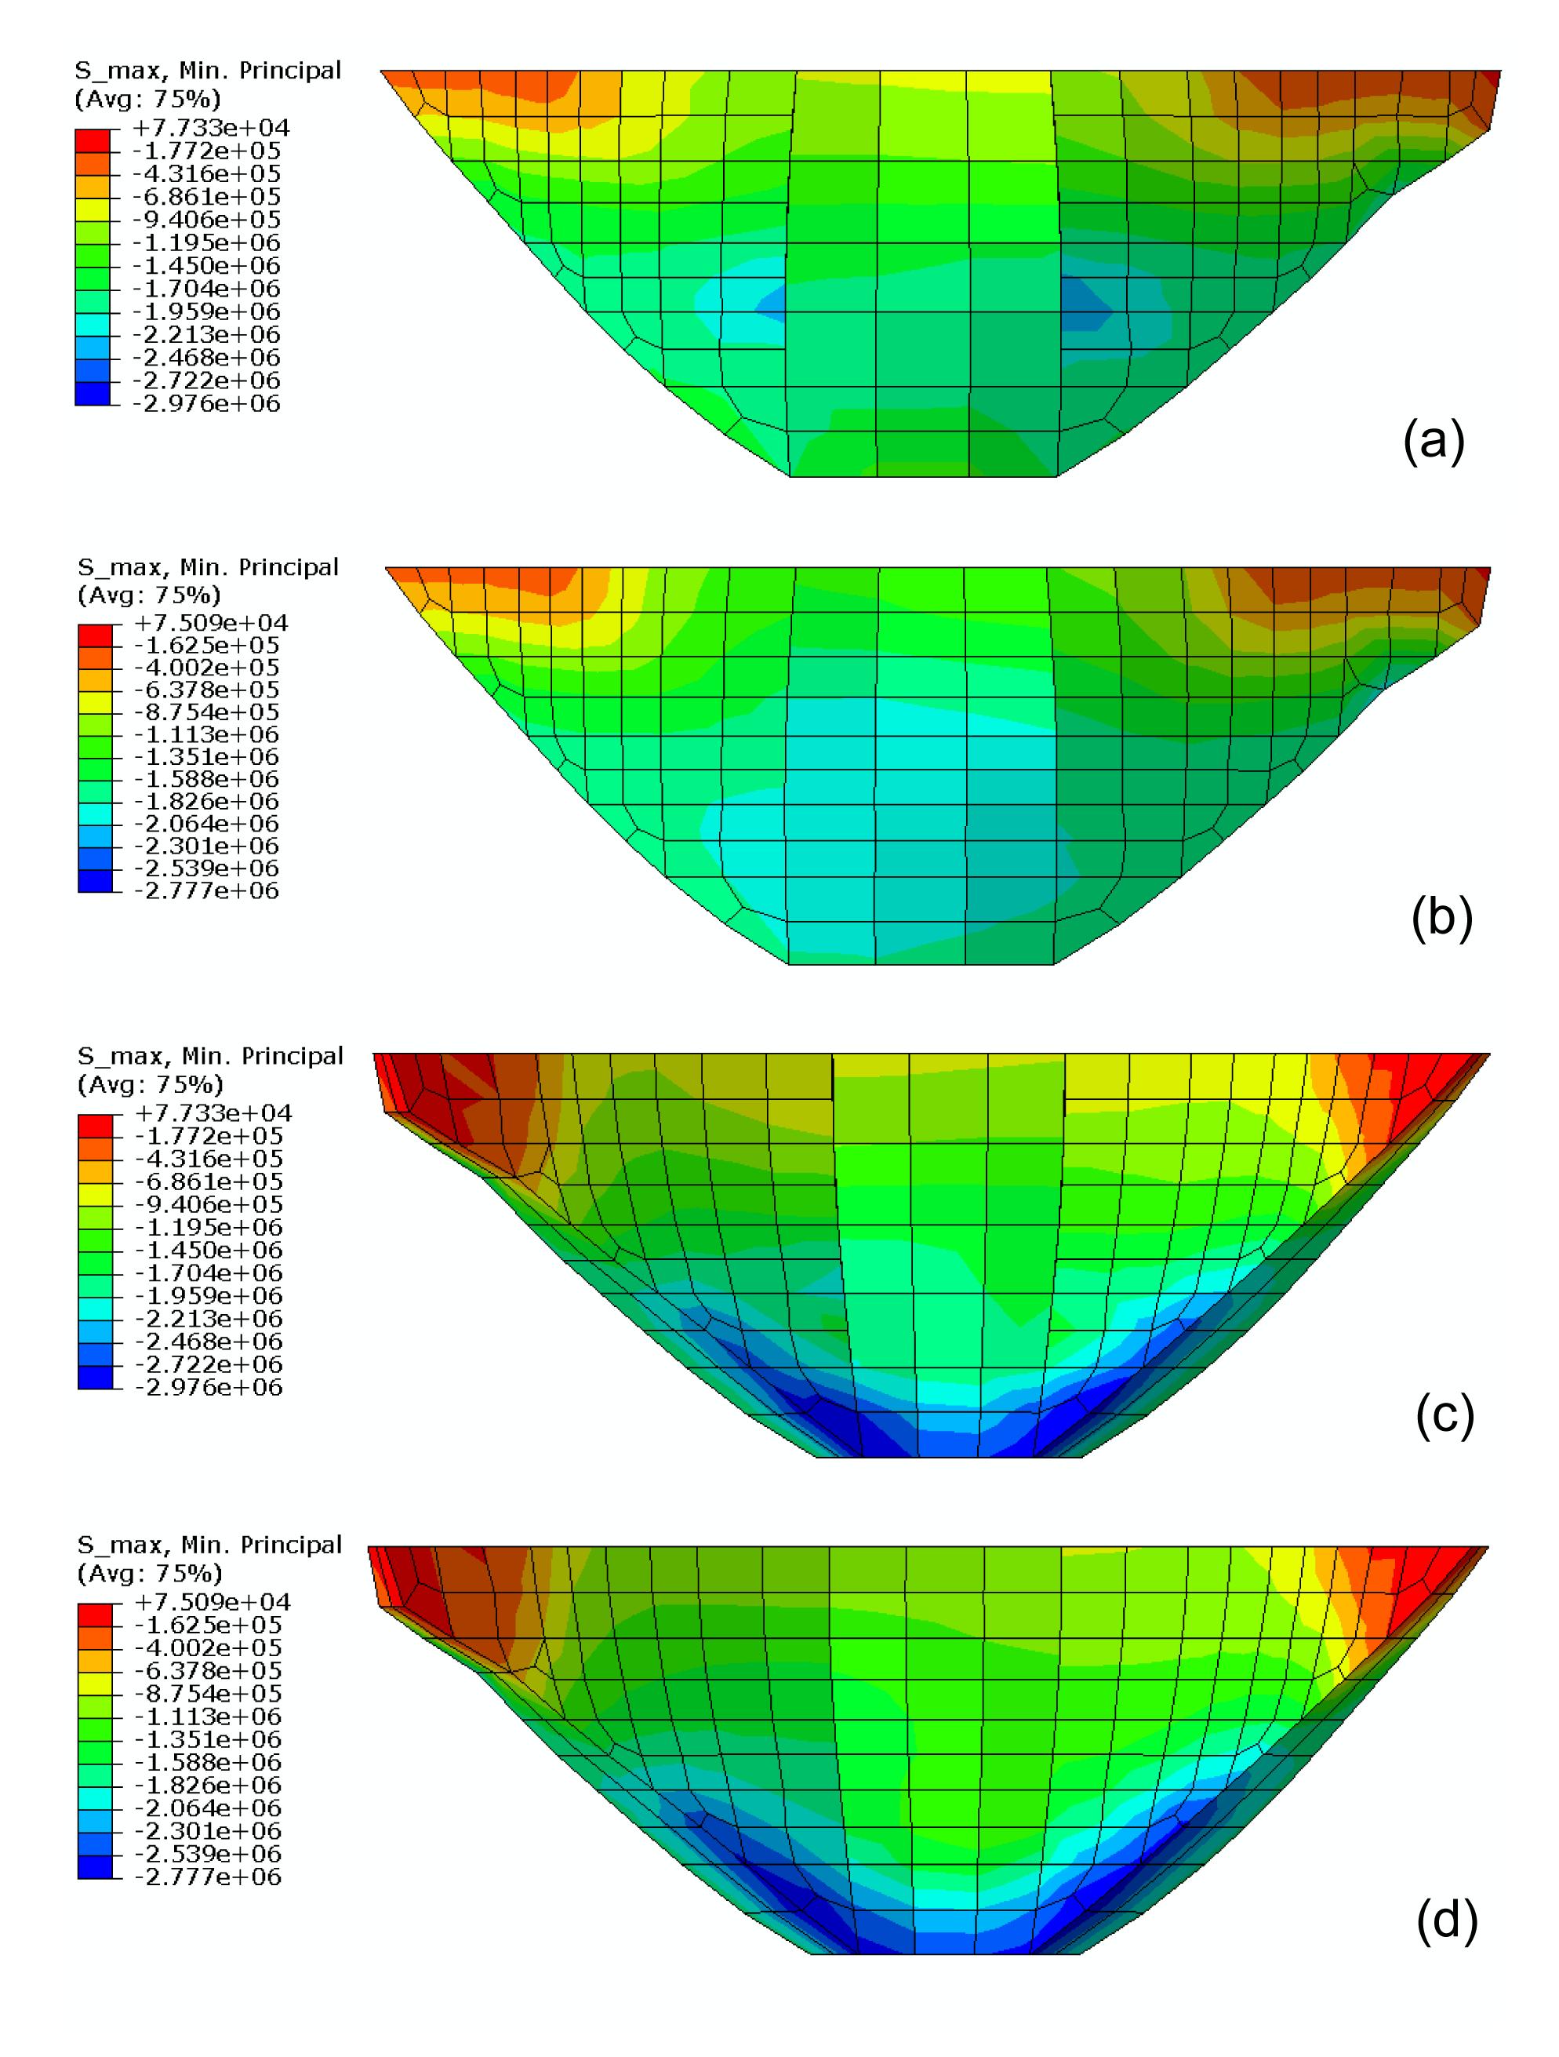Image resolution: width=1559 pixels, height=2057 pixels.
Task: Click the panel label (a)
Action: (x=1434, y=440)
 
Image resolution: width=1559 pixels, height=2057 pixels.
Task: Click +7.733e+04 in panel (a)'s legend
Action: (x=211, y=127)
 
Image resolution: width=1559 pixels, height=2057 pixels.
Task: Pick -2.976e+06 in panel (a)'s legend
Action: (x=206, y=403)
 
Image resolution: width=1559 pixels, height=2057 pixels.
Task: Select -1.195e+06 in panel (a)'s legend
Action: (x=206, y=242)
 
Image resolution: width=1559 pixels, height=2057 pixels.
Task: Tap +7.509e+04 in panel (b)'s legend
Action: (x=210, y=622)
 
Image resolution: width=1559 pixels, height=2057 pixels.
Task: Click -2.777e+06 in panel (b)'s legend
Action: (x=206, y=891)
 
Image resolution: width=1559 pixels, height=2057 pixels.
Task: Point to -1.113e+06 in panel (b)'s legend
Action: (x=206, y=734)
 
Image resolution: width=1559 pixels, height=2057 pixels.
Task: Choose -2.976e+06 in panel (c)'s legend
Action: (x=209, y=1388)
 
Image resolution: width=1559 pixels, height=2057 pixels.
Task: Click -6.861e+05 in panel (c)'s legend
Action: (x=209, y=1182)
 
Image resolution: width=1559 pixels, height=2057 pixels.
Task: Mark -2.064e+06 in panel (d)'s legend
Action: (x=209, y=1809)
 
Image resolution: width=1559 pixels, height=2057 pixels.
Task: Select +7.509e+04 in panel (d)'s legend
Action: (x=212, y=1602)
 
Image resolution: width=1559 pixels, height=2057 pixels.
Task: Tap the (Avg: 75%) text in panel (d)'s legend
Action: (x=150, y=1574)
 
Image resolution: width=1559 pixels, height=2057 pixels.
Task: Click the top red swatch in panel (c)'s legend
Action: (x=94, y=1124)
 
